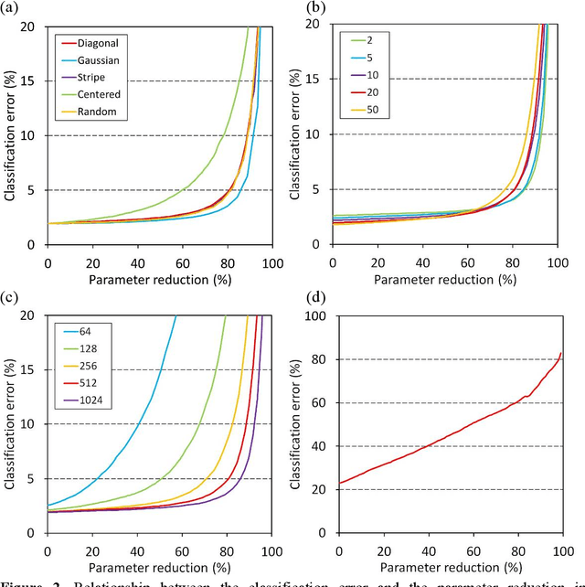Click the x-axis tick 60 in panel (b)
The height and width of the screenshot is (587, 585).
click(x=469, y=263)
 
